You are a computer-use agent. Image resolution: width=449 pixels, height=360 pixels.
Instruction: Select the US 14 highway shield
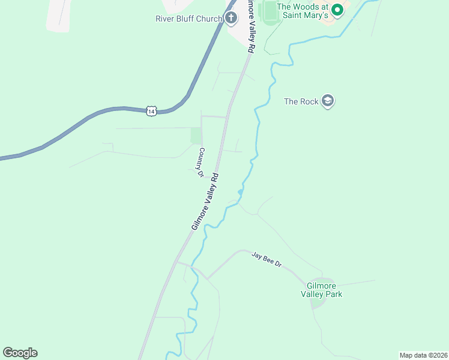point(151,111)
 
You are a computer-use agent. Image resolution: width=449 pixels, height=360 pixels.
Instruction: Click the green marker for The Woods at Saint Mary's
point(337,9)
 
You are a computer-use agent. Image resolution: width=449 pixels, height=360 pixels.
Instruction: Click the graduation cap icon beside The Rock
point(327,100)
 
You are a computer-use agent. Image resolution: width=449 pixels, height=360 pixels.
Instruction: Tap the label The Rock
point(301,101)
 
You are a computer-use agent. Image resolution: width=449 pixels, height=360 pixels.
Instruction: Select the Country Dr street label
point(202,163)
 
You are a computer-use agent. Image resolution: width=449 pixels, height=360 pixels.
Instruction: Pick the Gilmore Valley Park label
point(324,290)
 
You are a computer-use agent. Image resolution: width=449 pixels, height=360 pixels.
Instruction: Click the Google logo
point(20,353)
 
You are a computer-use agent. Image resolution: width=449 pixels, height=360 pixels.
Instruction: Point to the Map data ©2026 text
point(423,355)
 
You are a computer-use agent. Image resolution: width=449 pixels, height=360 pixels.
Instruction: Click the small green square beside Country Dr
point(196,136)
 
